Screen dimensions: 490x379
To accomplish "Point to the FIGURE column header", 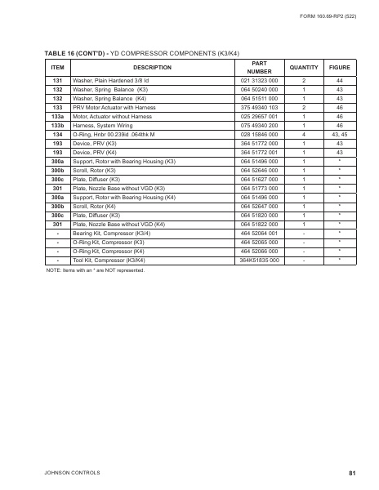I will coord(339,67).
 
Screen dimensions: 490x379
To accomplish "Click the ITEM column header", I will coord(57,67).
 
